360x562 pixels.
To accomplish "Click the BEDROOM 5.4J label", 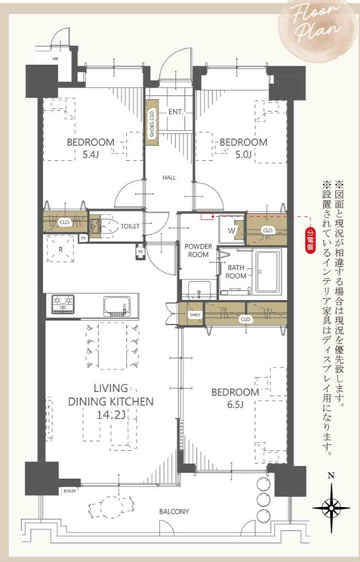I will point(90,148).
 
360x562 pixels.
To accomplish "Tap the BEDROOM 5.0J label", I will point(243,148).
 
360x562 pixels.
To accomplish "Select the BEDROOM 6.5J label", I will point(235,399).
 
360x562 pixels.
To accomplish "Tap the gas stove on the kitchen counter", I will point(63,304).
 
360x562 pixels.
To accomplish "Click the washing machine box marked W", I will point(232,230).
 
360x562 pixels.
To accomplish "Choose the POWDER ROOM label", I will point(197,250).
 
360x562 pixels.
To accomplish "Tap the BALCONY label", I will point(174,511).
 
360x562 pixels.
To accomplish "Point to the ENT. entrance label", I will point(176,113).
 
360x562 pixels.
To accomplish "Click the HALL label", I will point(169,178).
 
